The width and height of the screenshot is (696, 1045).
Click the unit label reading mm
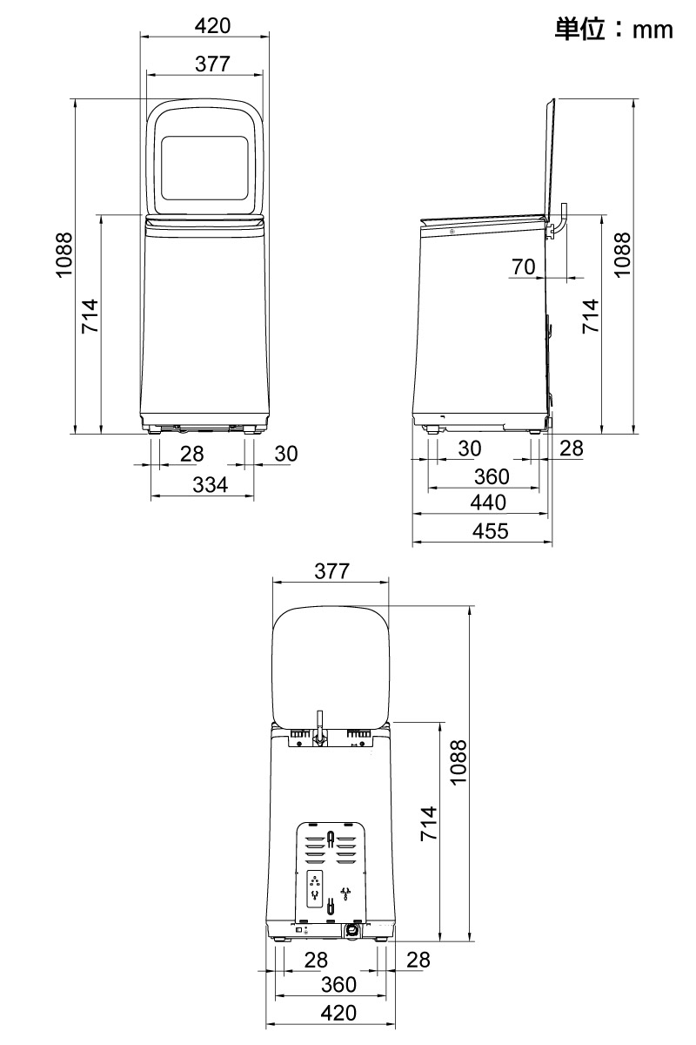coord(652,30)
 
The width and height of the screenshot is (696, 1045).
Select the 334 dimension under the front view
coord(211,485)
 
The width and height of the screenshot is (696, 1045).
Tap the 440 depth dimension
coord(487,502)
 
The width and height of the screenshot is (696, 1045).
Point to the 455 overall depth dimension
coord(490,531)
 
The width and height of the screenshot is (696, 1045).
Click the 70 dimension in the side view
coord(524,266)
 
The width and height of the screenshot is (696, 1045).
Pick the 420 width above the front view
coord(212,25)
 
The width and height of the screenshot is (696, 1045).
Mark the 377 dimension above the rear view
coord(331,571)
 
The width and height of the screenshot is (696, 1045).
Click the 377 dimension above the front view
coord(212,64)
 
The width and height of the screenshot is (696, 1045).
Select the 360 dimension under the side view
coord(492,476)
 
